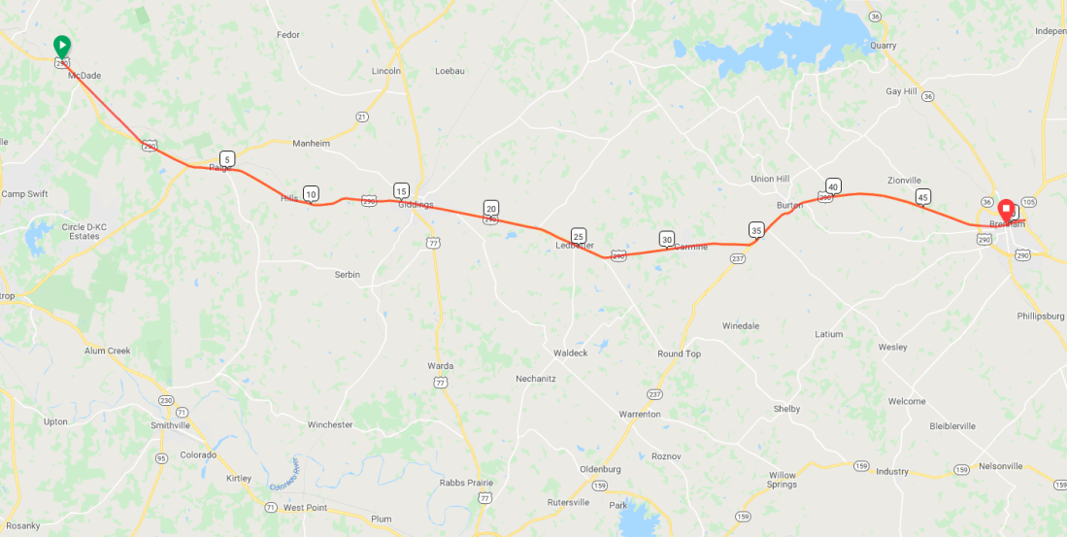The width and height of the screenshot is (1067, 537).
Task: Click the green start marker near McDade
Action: pos(61,46)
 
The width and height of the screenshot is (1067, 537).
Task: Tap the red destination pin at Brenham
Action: pos(1006,209)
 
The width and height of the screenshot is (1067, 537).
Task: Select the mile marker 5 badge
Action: pos(226,159)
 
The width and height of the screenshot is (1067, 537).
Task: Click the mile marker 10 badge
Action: pos(311,194)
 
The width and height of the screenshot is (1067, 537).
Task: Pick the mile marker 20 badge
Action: pos(491,209)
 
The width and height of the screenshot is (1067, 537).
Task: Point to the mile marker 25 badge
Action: pos(579,236)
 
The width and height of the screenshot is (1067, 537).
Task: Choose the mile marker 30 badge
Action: pos(666,239)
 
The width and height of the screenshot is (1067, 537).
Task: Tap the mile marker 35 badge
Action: pos(756,230)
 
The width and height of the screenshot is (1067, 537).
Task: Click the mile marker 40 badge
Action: pos(833,185)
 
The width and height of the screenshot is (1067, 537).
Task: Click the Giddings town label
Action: pos(416,205)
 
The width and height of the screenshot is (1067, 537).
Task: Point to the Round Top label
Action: pos(679,354)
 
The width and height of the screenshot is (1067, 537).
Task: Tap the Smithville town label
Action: pos(171,425)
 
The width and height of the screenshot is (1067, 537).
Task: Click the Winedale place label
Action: pos(741,326)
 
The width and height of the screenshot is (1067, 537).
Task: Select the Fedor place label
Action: pos(288,35)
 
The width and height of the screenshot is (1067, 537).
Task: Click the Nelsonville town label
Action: pos(1001,466)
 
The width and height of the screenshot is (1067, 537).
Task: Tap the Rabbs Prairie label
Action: pos(466,483)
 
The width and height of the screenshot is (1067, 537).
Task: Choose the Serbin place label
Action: pos(348,275)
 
